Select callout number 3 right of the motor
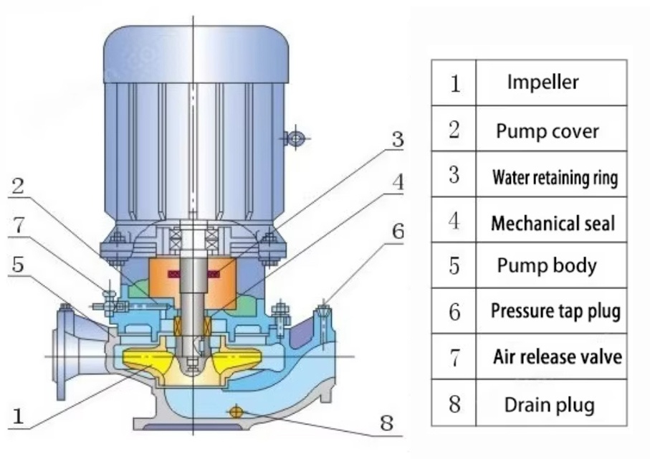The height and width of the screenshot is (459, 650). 396,140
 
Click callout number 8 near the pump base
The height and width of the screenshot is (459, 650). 387,424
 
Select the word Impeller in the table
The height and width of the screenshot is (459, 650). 543,82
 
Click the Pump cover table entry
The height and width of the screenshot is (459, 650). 547,131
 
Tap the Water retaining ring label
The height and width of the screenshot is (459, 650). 554,177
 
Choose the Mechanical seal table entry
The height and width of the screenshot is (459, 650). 553,223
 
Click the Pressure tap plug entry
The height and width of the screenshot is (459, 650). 555,311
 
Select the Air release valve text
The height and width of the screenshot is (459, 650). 557,356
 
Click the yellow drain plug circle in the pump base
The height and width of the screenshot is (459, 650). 234,410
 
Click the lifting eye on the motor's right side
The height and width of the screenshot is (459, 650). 295,137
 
